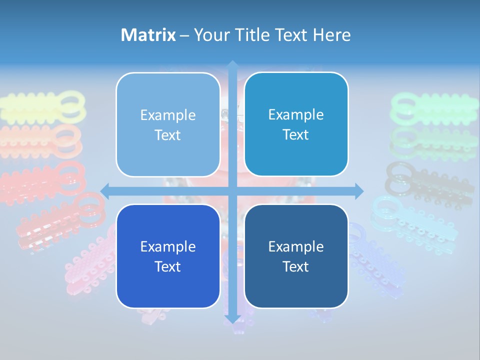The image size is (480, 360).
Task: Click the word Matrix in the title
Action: click(x=148, y=35)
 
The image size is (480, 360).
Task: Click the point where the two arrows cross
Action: click(x=232, y=190)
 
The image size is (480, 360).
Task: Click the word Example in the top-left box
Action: click(x=168, y=115)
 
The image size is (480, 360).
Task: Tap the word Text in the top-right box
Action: click(x=296, y=135)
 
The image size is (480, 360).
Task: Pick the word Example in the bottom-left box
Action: click(x=168, y=246)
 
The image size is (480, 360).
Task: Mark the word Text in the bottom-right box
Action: click(x=296, y=266)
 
